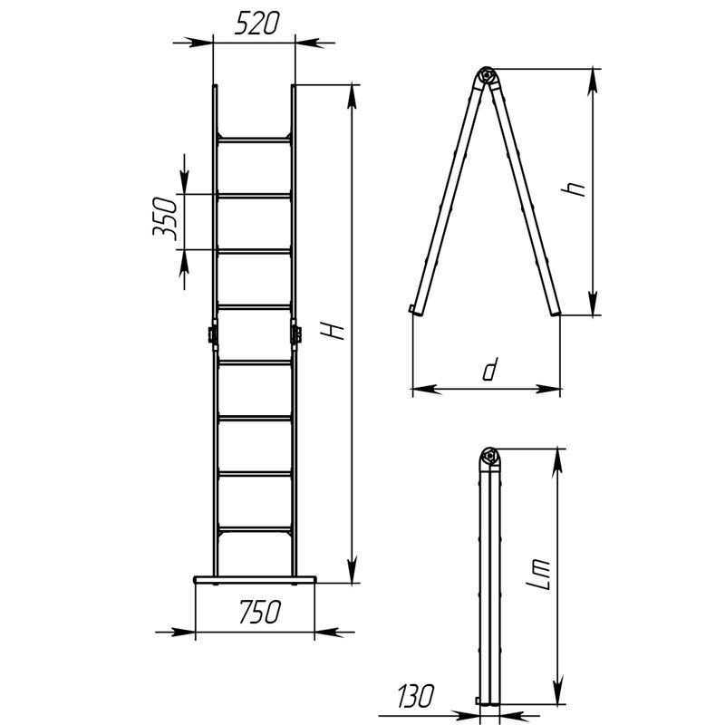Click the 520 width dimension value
pos(256,24)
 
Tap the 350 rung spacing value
pos(165,219)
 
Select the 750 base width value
pos(260,612)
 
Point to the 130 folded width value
pos(416,696)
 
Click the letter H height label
pos(333,331)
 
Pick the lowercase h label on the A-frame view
pos(573,188)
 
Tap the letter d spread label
pos(489,369)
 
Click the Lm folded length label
pos(538,575)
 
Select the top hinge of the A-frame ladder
pos(486,75)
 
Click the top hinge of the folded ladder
pos(489,457)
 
